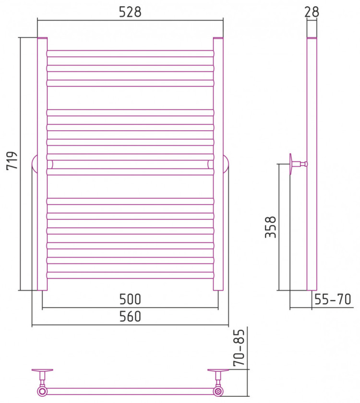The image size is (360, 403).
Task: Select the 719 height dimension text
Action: click(12, 161)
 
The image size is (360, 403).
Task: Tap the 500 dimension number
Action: click(130, 299)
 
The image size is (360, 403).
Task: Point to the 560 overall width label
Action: click(130, 317)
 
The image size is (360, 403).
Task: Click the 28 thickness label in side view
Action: click(312, 12)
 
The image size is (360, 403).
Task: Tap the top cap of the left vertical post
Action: click(42, 38)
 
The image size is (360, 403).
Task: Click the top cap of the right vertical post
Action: click(218, 38)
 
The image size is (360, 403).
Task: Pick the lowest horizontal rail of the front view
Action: click(130, 275)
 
